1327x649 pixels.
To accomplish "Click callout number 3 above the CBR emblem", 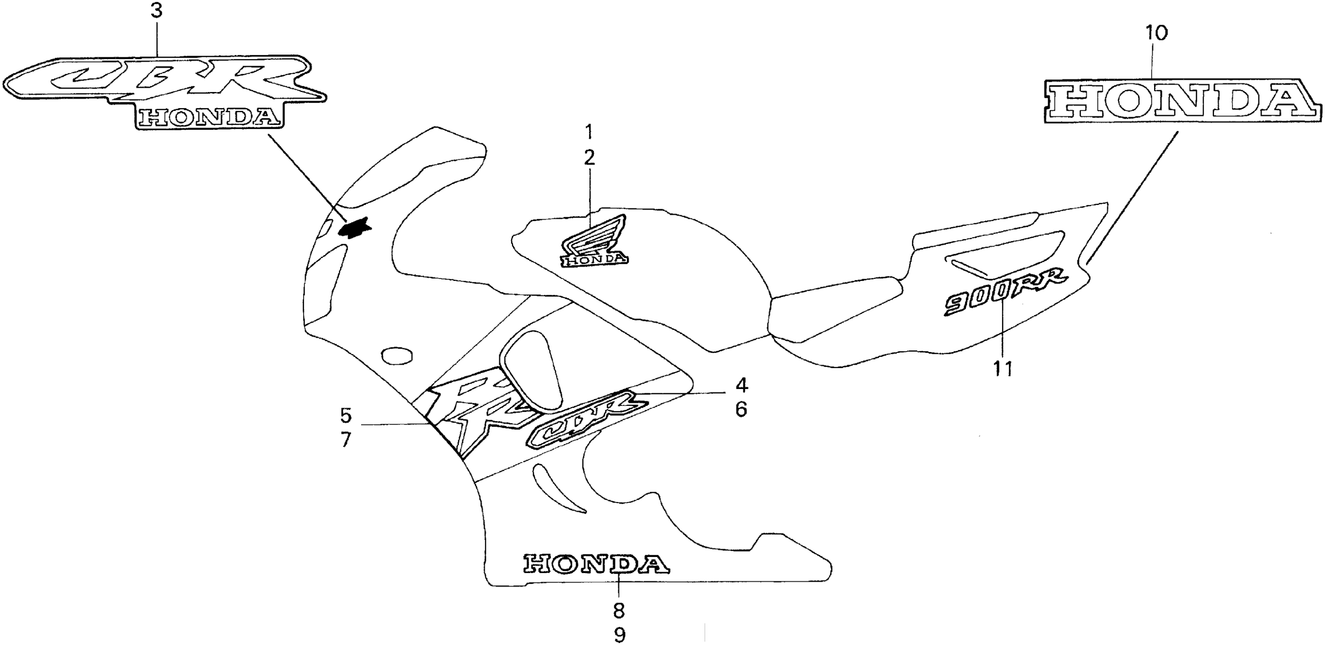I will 157,11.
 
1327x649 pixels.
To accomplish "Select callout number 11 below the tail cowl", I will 1003,369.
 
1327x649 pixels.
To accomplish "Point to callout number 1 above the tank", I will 589,133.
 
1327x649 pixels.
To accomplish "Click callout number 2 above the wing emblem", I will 589,158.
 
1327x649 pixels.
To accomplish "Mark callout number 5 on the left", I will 345,415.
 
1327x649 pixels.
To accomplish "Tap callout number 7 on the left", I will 345,439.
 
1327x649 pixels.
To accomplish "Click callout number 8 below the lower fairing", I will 619,610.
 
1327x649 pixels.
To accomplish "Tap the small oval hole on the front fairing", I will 397,355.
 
